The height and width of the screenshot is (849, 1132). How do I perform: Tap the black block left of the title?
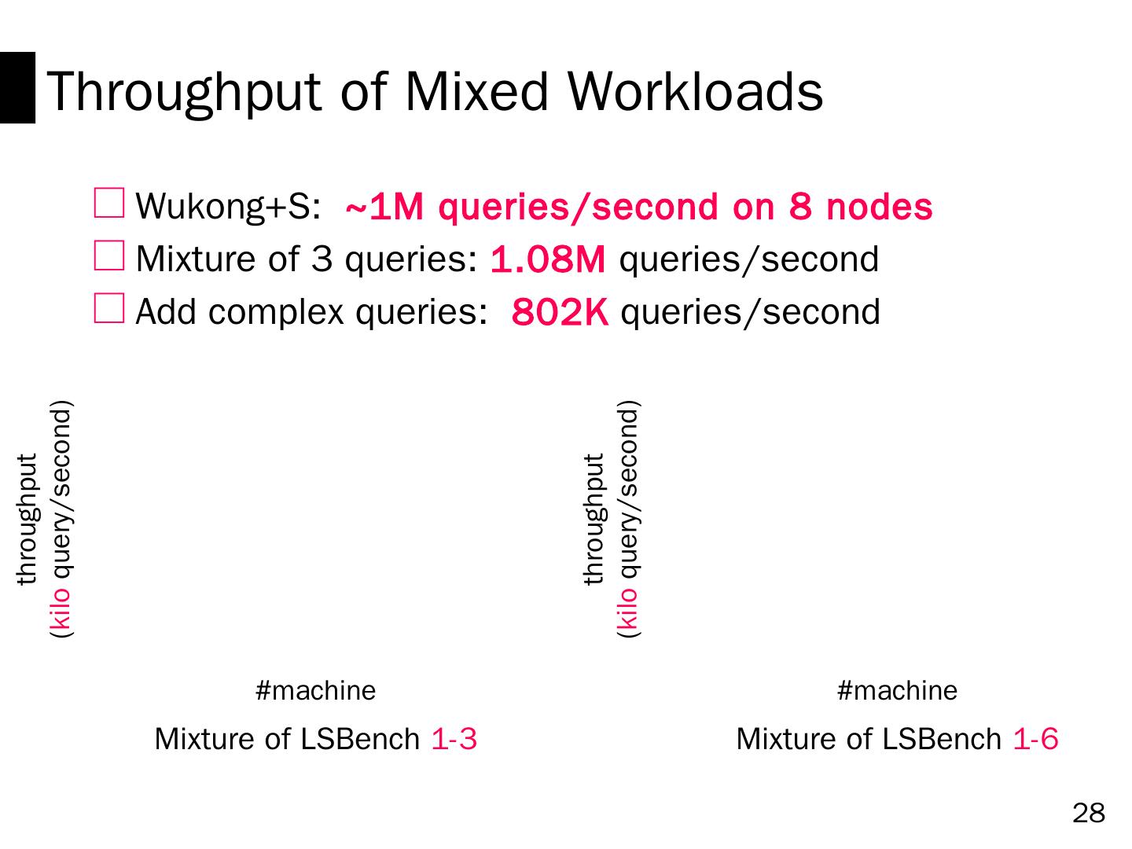(17, 87)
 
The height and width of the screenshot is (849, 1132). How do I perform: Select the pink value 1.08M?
(548, 260)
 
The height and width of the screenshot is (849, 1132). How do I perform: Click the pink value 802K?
(560, 313)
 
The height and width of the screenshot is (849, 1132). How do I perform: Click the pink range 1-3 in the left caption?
(454, 739)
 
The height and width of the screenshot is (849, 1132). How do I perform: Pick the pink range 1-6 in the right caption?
(1035, 739)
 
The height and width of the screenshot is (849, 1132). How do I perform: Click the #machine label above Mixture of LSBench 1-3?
(316, 691)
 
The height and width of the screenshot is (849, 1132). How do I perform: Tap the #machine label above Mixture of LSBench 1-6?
(898, 691)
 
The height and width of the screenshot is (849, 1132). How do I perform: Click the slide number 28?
(1089, 814)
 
